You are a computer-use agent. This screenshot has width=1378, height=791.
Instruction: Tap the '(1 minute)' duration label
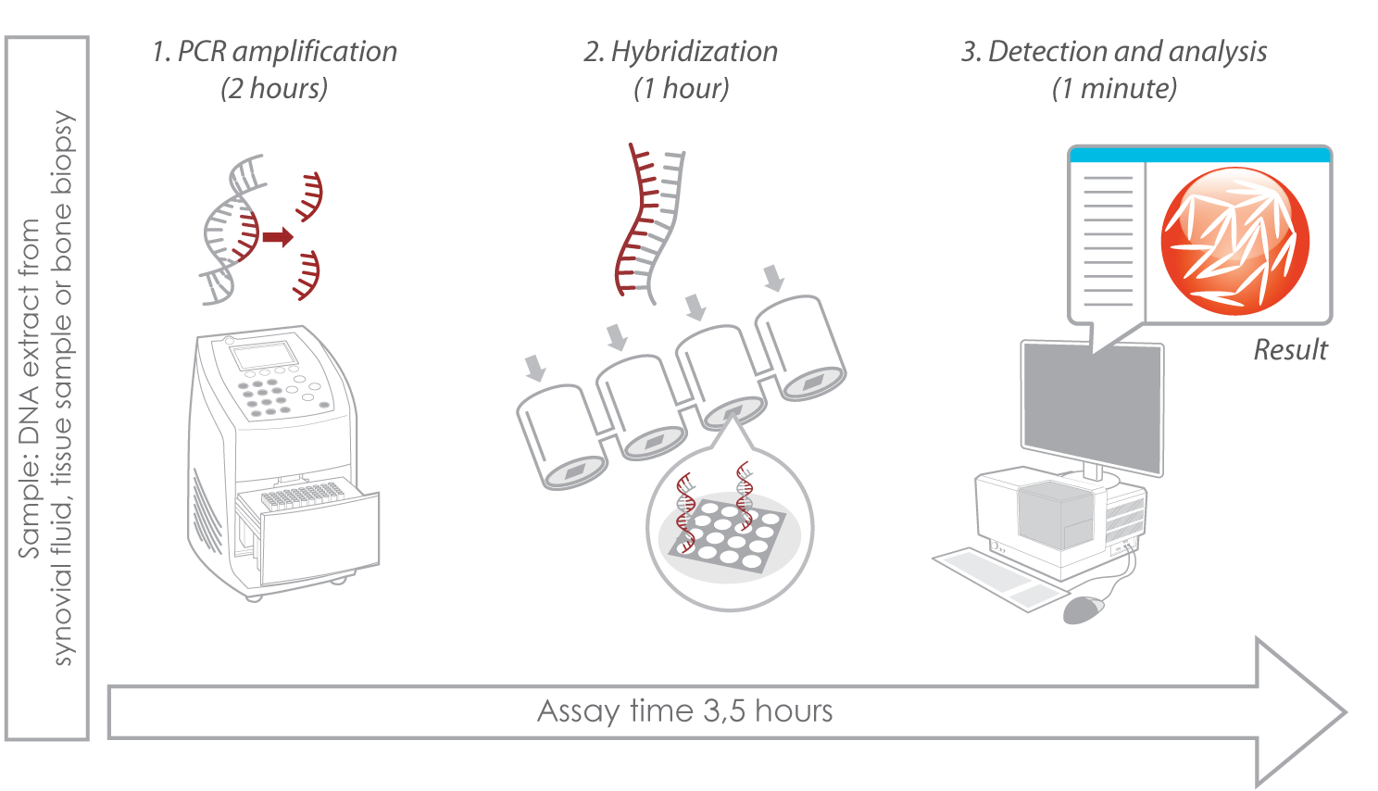pyautogui.click(x=1114, y=89)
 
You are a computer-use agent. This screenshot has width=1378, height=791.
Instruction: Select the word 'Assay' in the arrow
pyautogui.click(x=579, y=711)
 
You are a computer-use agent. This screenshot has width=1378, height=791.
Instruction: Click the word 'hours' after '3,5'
pyautogui.click(x=794, y=711)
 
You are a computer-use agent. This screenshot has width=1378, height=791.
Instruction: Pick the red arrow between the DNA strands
pyautogui.click(x=278, y=237)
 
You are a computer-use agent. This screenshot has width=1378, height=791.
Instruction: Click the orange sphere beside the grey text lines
pyautogui.click(x=1234, y=240)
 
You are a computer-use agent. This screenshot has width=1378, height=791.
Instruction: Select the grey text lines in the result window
pyautogui.click(x=1107, y=240)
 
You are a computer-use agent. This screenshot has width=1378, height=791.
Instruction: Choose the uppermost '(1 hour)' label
pyautogui.click(x=681, y=89)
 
